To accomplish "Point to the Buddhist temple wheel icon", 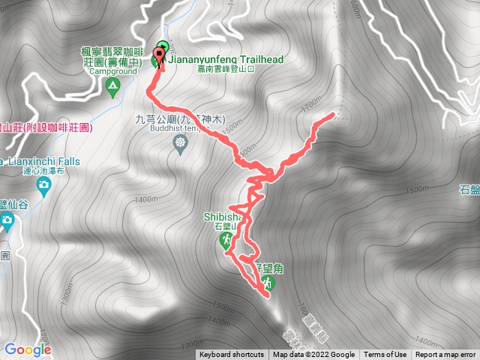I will [x=179, y=147].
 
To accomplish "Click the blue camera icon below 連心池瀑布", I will [x=7, y=220].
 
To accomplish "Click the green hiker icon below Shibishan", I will [x=226, y=241].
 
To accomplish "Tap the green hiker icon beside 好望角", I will [x=267, y=283].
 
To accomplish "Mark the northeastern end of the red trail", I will [x=333, y=115].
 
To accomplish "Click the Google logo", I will [x=27, y=349].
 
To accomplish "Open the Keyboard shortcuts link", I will [x=232, y=355].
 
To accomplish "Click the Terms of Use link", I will [x=385, y=355].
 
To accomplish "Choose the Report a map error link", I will [x=445, y=355].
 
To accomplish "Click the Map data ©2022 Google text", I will [x=313, y=355].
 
